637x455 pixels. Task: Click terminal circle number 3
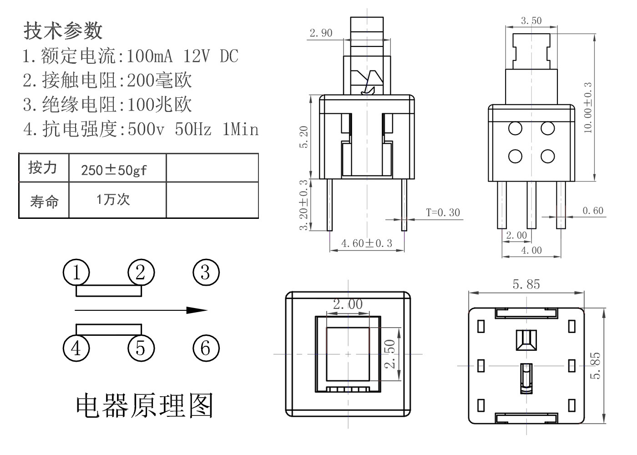click(206, 273)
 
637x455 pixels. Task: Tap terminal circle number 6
click(206, 348)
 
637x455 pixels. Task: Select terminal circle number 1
click(76, 273)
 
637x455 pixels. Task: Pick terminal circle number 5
click(141, 348)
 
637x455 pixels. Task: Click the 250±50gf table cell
click(114, 170)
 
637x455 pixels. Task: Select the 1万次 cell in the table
click(113, 199)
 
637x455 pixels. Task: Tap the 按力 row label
click(43, 168)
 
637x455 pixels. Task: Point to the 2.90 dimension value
click(321, 33)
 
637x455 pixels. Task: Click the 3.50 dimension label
click(531, 20)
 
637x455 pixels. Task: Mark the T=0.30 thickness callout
click(443, 212)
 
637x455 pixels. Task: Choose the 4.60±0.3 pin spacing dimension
click(366, 243)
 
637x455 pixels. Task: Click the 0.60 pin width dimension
click(593, 211)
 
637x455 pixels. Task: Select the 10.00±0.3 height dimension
click(588, 108)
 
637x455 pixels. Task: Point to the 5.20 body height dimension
click(304, 137)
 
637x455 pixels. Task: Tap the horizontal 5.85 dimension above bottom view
click(526, 284)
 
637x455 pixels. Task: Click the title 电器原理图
click(144, 405)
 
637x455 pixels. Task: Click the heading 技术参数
click(63, 30)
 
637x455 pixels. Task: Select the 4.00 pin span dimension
click(531, 250)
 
